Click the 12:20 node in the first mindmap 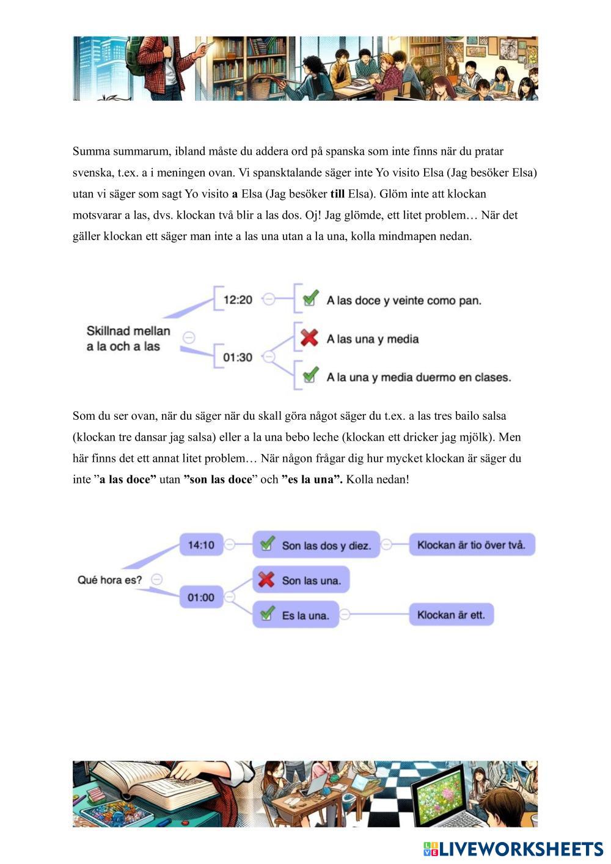[x=238, y=299]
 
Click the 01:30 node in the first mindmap [x=238, y=357]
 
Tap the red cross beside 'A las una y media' [x=310, y=338]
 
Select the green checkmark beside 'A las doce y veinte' [x=310, y=299]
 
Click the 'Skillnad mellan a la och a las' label [x=128, y=339]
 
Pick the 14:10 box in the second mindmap [x=201, y=544]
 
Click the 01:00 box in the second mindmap [x=201, y=597]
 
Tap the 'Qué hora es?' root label [x=109, y=580]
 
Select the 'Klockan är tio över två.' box [x=472, y=544]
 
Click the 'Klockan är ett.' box [x=451, y=615]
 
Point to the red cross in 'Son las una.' [x=266, y=579]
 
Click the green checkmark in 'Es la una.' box [x=267, y=613]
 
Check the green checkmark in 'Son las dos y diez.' [x=267, y=544]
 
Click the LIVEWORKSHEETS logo [x=513, y=849]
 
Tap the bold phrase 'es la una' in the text [x=312, y=480]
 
